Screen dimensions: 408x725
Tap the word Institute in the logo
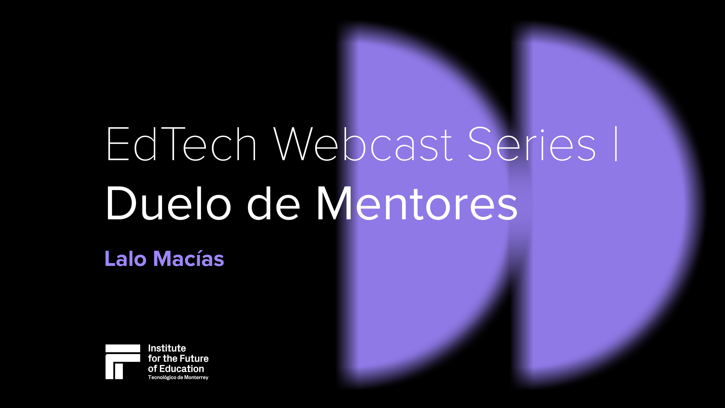pyautogui.click(x=167, y=348)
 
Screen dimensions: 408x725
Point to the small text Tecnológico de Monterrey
pyautogui.click(x=178, y=377)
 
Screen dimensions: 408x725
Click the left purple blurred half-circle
pyautogui.click(x=422, y=282)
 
